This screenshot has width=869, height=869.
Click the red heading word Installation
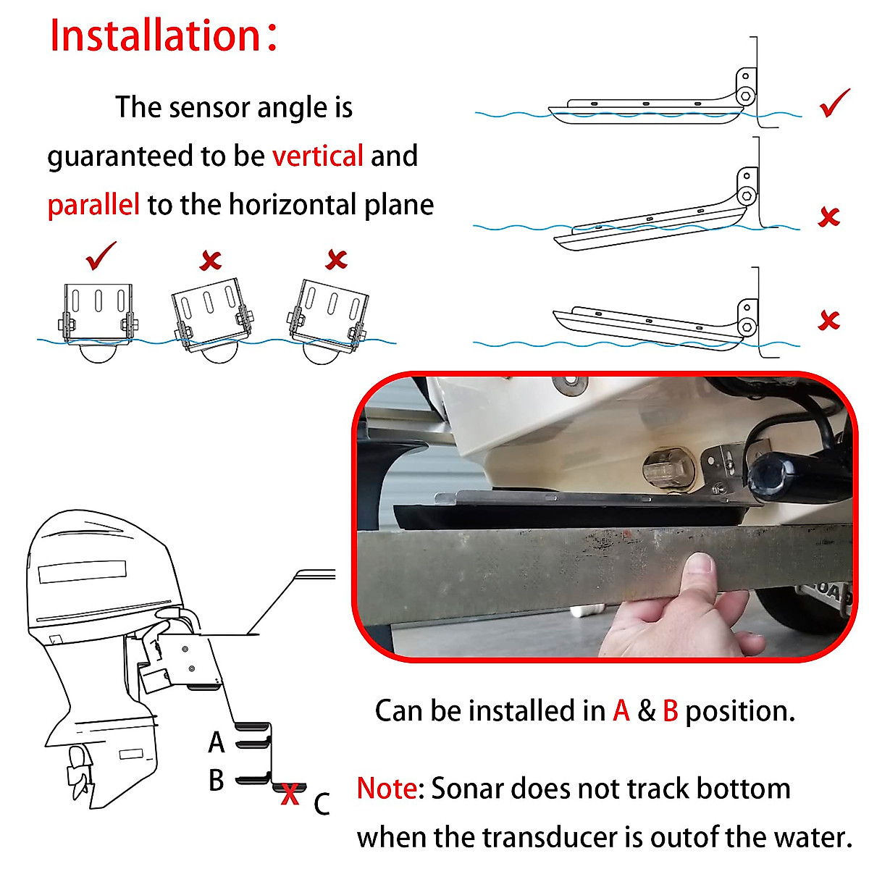(155, 36)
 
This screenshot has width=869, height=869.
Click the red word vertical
(317, 156)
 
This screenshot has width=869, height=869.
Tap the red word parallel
(93, 205)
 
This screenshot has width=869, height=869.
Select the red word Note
(387, 789)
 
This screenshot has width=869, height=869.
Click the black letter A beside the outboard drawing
(216, 743)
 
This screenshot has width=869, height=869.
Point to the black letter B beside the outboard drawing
(216, 781)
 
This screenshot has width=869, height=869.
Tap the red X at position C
(290, 794)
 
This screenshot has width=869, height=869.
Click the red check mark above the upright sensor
(101, 256)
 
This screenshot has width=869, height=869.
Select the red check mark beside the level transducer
(834, 103)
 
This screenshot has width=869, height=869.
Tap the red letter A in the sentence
(621, 711)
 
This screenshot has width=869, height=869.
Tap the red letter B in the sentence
(670, 711)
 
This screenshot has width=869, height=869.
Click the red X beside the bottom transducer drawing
(828, 320)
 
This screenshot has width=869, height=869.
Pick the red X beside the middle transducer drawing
(828, 217)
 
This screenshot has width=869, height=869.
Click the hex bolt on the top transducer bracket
(745, 96)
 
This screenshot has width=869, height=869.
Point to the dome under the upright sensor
(98, 353)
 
